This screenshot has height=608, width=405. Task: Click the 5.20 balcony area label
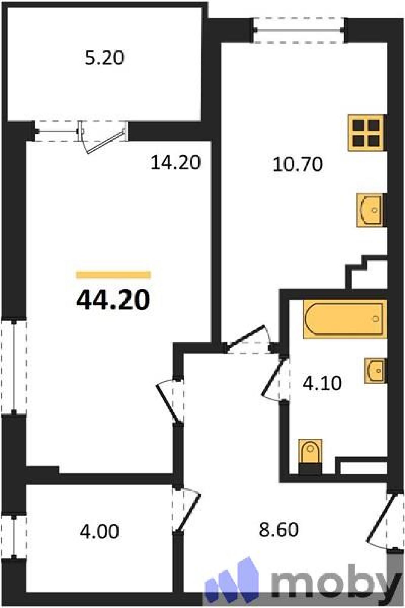point(104,59)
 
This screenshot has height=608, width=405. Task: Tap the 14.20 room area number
point(176,163)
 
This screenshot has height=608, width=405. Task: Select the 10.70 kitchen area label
point(298,165)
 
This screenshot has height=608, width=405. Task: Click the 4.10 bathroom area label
point(322,384)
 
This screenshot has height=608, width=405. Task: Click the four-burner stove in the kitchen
point(367,133)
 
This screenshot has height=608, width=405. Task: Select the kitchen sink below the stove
point(370,210)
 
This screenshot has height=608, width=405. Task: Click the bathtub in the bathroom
point(345,319)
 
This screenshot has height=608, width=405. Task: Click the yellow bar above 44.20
point(114,275)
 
